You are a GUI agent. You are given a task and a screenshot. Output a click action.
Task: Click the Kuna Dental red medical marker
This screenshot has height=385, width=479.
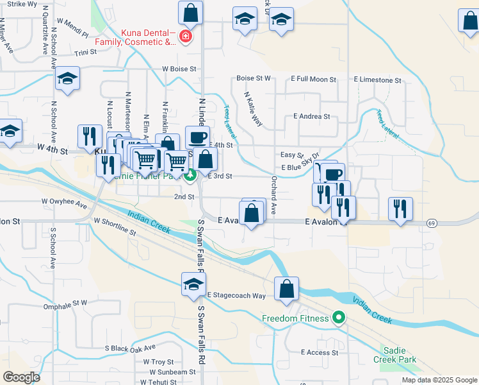186,37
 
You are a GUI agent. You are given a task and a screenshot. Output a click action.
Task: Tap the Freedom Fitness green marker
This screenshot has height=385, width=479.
339,318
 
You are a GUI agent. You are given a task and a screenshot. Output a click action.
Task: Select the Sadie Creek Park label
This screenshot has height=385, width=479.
399,355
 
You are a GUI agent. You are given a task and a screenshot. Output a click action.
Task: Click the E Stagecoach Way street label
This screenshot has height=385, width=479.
236,295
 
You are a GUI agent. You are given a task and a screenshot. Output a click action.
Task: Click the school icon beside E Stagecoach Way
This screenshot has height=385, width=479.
192,285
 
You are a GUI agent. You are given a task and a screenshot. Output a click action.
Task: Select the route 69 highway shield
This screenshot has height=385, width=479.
433,223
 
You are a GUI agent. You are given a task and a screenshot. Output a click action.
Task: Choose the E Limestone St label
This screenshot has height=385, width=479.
377,80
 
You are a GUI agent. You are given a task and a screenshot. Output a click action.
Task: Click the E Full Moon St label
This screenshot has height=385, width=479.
314,79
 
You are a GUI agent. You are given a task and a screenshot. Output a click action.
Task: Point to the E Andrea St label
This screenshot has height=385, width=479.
311,117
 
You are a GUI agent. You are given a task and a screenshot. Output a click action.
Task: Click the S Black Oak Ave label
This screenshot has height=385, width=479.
131,348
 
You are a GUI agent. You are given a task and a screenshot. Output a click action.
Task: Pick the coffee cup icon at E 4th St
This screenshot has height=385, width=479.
197,137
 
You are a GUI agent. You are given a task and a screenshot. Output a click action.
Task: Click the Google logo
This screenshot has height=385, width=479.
21,377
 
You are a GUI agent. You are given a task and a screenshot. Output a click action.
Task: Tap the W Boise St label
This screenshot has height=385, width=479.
179,69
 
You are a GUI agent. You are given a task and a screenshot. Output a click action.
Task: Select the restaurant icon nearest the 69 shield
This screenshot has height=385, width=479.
400,209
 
